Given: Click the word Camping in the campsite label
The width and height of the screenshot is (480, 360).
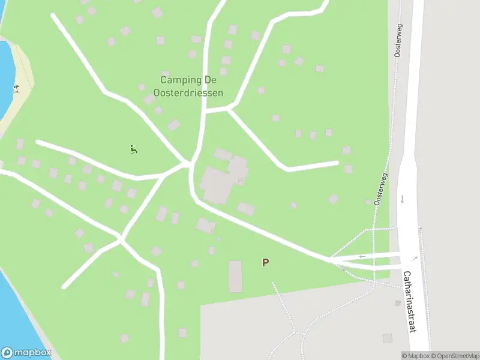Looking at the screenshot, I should click(x=175, y=80).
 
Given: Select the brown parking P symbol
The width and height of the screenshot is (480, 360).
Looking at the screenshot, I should click(x=265, y=262).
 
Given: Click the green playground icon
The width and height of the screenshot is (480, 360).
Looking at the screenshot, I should click(x=134, y=149).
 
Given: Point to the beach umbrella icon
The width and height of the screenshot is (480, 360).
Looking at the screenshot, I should click(x=17, y=89).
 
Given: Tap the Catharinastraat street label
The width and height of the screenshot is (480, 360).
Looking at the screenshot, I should click(x=410, y=301).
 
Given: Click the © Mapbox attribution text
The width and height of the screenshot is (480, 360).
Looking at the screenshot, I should click(x=415, y=356).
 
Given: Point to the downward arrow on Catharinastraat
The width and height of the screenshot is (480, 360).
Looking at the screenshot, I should click(x=402, y=199).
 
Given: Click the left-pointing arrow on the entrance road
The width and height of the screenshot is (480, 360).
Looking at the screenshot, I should click(x=362, y=257).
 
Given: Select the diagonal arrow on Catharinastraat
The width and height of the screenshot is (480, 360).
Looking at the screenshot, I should click(x=415, y=257).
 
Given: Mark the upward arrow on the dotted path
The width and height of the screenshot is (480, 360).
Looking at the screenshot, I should click(x=421, y=230).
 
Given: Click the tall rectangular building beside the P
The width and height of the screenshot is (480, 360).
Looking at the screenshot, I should click(x=235, y=276).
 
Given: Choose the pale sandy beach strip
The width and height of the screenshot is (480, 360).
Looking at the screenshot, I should click(x=18, y=90).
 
